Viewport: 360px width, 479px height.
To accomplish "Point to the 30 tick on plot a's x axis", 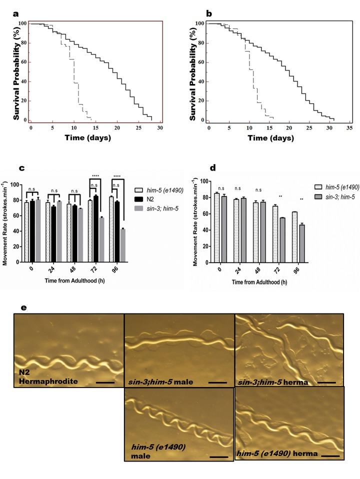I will [x=159, y=128].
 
